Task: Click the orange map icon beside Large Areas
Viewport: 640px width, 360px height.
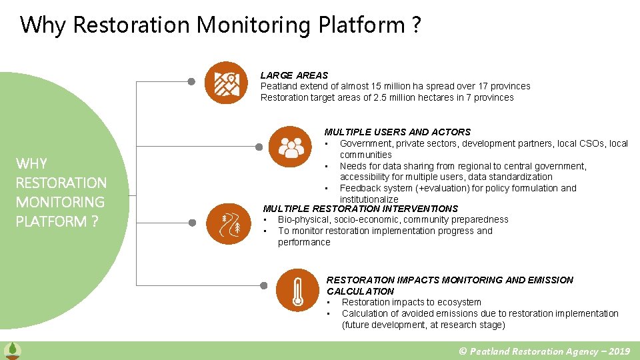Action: point(226,83)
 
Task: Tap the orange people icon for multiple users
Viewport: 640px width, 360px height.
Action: point(291,145)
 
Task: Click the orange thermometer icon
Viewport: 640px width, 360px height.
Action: point(296,289)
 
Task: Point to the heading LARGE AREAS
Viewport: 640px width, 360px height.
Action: point(294,75)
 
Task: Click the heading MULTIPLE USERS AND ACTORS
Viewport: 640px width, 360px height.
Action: point(397,132)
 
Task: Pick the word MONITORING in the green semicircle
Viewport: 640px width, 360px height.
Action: point(60,202)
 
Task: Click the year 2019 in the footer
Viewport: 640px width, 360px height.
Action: point(619,351)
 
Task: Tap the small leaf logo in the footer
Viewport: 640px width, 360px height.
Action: point(12,351)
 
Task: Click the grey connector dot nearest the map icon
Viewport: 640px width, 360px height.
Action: point(191,82)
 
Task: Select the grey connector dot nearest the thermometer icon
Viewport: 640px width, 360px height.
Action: point(263,285)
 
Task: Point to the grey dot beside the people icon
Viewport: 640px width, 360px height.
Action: point(259,145)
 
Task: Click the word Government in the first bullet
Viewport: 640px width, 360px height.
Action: point(365,143)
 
